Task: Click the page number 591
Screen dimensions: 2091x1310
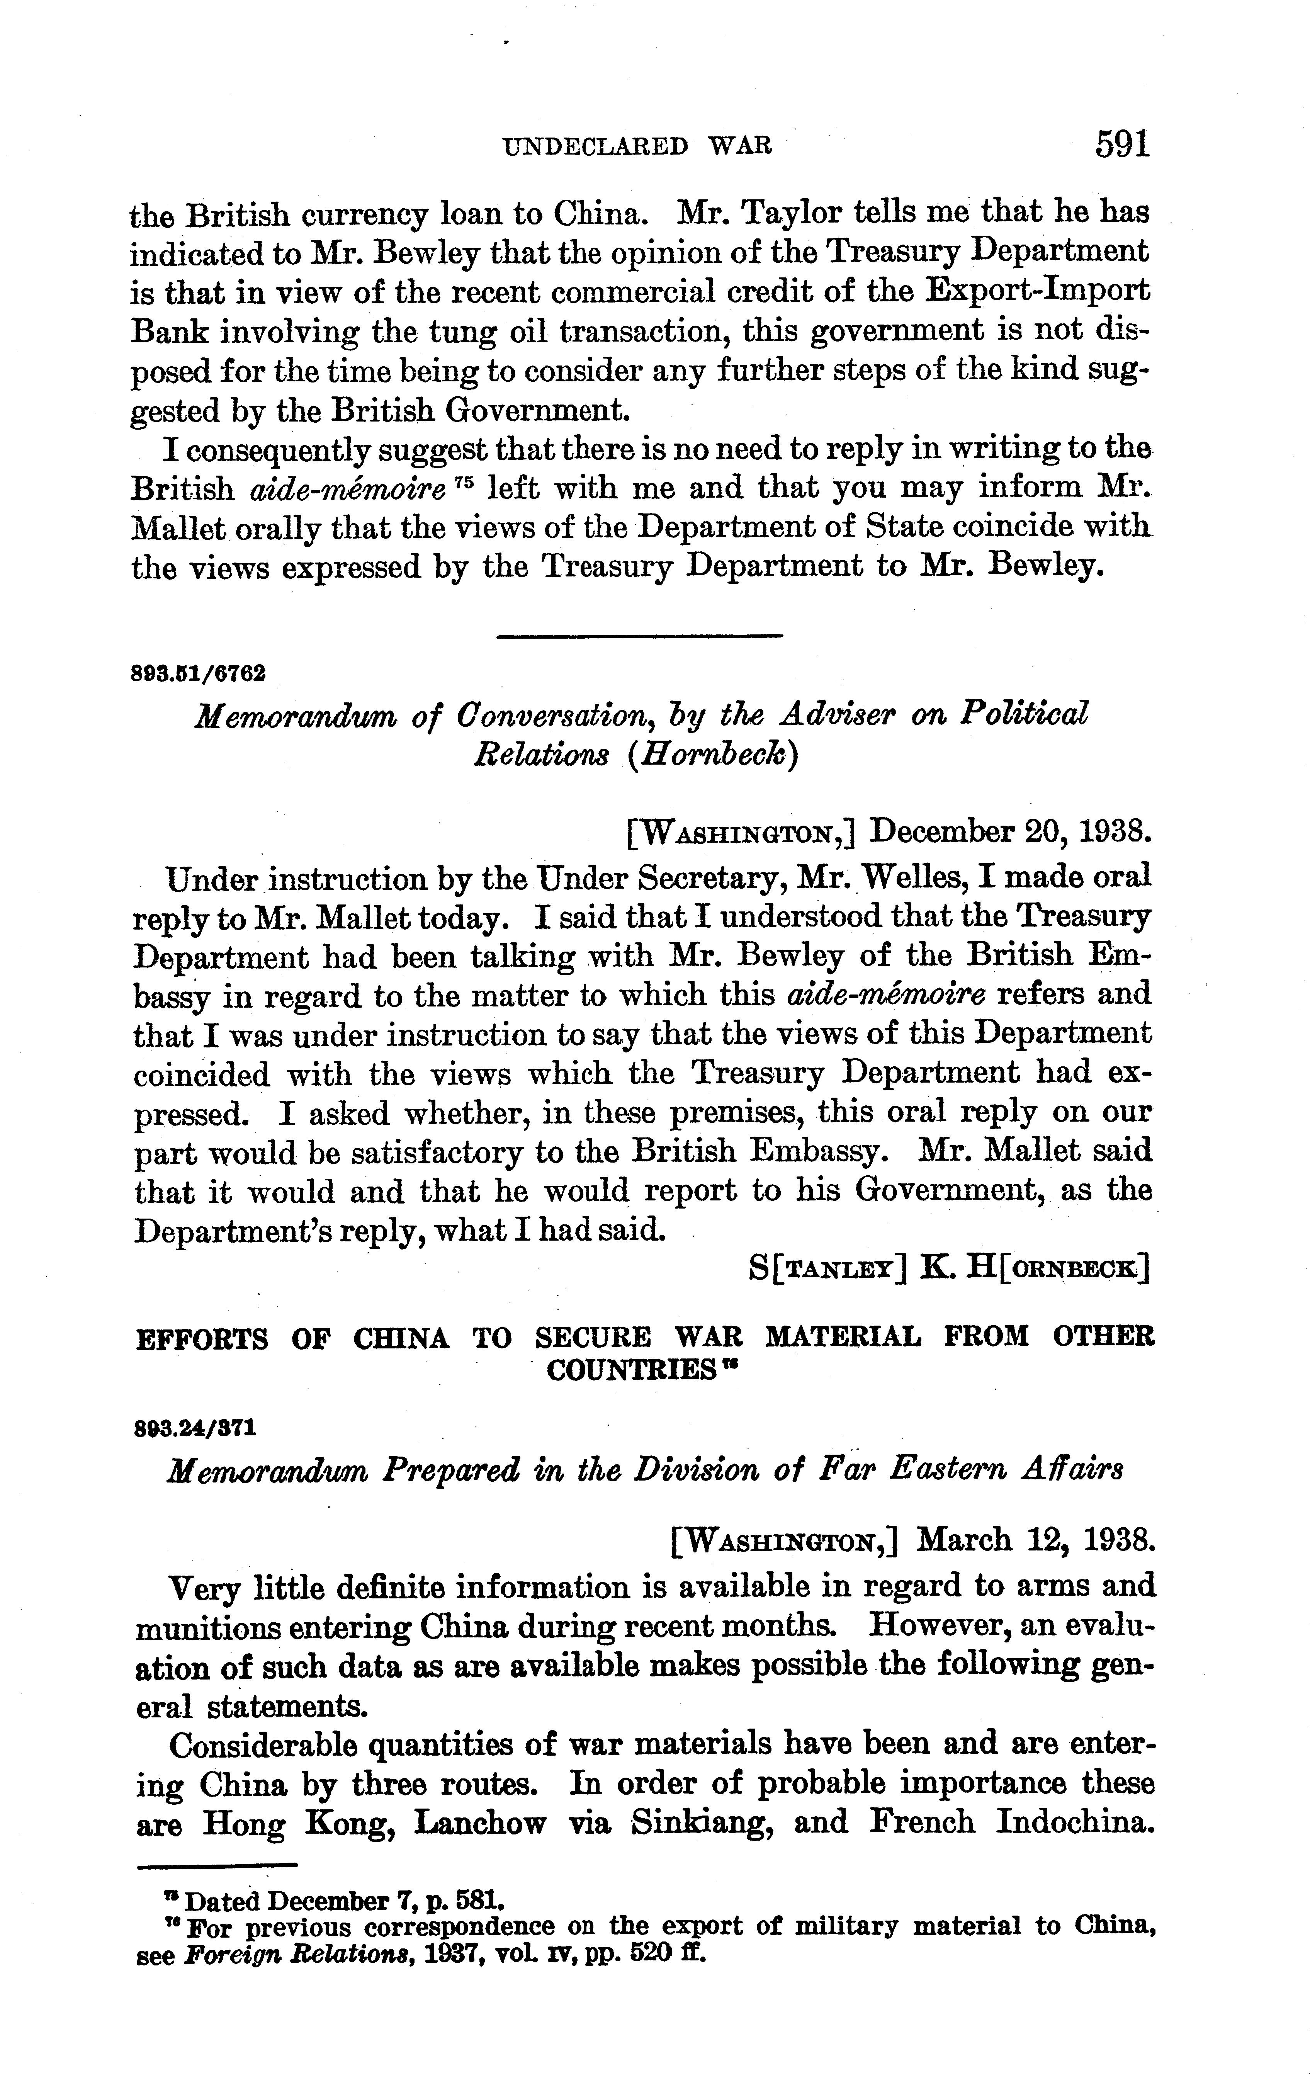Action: (x=1122, y=143)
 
